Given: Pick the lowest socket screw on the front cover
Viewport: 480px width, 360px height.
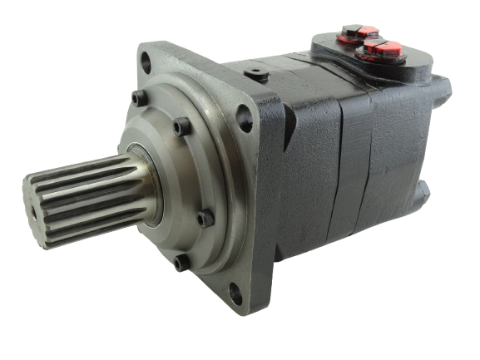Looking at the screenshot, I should [x=177, y=265].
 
